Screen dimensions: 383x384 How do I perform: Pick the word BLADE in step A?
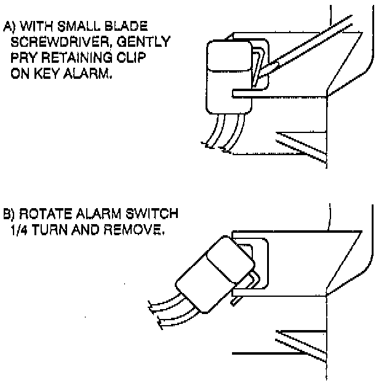127,28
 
